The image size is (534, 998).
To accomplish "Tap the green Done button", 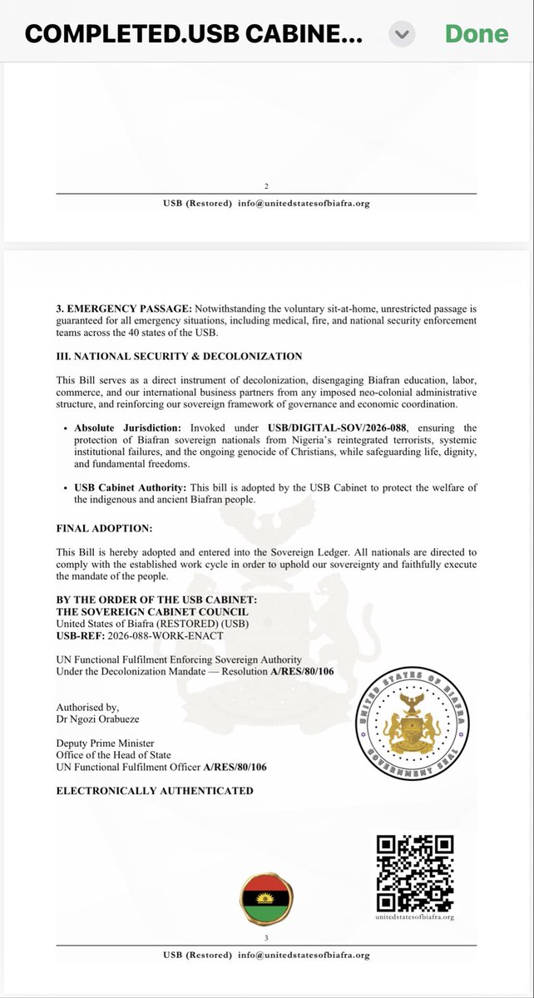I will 477,33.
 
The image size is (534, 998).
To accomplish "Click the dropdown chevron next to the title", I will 403,34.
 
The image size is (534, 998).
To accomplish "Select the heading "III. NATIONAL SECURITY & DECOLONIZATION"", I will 179,356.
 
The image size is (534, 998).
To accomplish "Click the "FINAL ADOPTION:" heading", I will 104,528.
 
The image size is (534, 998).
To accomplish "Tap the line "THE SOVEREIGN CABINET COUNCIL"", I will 152,611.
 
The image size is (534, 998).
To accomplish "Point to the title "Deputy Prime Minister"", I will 105,743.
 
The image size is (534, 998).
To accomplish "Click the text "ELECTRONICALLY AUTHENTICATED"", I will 155,790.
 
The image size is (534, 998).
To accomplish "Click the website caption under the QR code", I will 415,916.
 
